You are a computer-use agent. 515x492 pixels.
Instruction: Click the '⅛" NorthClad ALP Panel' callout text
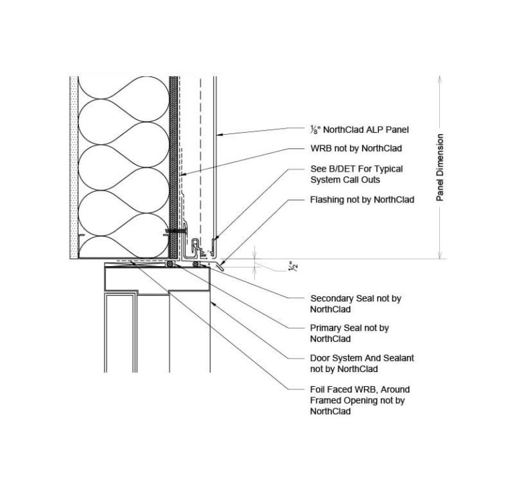pyautogui.click(x=359, y=130)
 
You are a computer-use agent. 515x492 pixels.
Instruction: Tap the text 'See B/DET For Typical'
pyautogui.click(x=356, y=169)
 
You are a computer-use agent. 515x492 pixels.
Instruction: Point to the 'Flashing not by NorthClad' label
pyautogui.click(x=361, y=200)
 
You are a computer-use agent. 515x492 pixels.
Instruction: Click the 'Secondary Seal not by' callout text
pyautogui.click(x=355, y=298)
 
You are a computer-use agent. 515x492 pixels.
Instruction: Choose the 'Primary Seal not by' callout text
pyautogui.click(x=349, y=328)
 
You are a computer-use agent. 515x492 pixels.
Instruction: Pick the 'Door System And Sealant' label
pyautogui.click(x=361, y=358)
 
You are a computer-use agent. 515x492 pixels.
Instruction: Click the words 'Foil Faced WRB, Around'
pyautogui.click(x=359, y=389)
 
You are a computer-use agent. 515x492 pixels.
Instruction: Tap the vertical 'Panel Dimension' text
pyautogui.click(x=440, y=168)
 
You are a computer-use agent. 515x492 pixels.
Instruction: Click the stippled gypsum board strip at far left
pyautogui.click(x=73, y=168)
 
